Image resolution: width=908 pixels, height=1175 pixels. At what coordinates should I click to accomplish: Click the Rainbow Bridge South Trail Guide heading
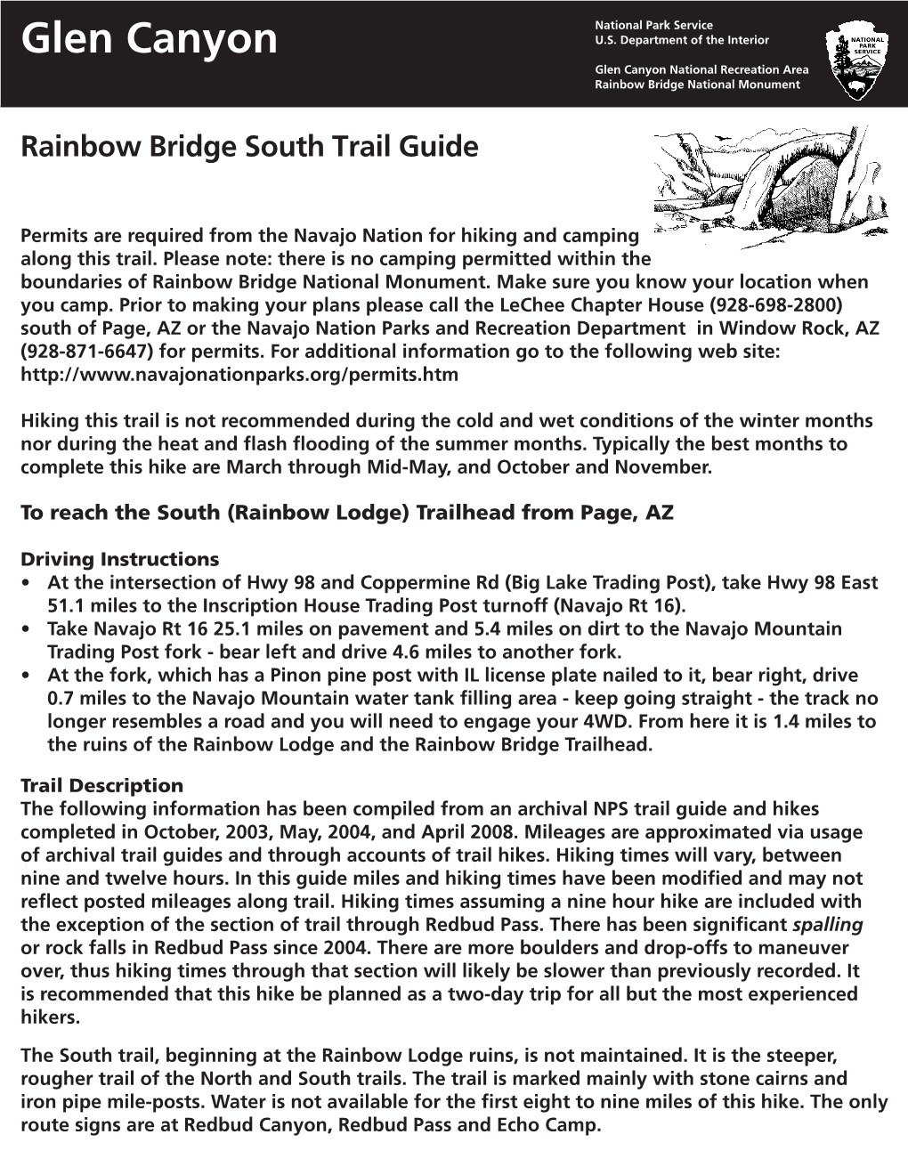coord(248,146)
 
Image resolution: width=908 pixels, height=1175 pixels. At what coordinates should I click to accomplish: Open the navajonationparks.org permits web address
coord(239,375)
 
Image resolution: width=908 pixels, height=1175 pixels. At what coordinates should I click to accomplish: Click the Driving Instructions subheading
coord(119,560)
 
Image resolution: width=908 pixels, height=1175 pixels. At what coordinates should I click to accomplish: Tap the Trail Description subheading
coord(101,786)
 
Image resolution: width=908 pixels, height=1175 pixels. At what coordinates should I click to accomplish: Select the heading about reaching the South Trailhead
coord(346,513)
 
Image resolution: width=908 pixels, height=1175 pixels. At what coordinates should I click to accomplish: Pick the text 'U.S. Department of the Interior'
coord(682,40)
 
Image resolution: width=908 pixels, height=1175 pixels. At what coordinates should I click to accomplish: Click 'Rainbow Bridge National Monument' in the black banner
coord(697,85)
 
